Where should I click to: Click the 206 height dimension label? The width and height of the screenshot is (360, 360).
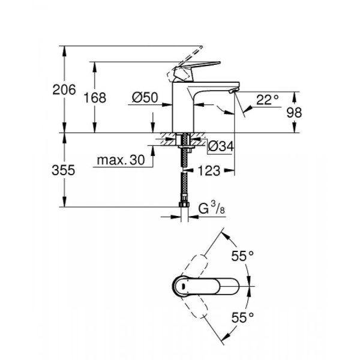click(64, 91)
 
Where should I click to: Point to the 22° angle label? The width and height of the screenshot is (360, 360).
click(268, 100)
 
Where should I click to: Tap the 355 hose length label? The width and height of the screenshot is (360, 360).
click(64, 170)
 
